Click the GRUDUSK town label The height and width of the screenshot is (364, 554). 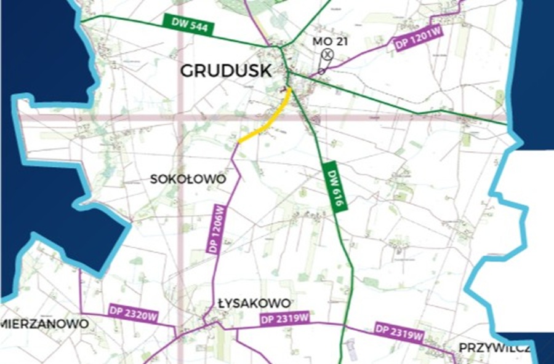[225, 71]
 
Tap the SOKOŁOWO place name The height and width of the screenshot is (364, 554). [188, 179]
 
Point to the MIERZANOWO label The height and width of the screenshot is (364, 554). [45, 323]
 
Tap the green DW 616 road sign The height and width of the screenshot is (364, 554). [335, 188]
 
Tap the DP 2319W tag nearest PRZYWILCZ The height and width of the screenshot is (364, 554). [399, 332]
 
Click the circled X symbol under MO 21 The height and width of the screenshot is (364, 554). [328, 54]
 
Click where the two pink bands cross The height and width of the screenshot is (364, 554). [180, 117]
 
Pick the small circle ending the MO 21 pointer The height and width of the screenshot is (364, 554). [321, 71]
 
